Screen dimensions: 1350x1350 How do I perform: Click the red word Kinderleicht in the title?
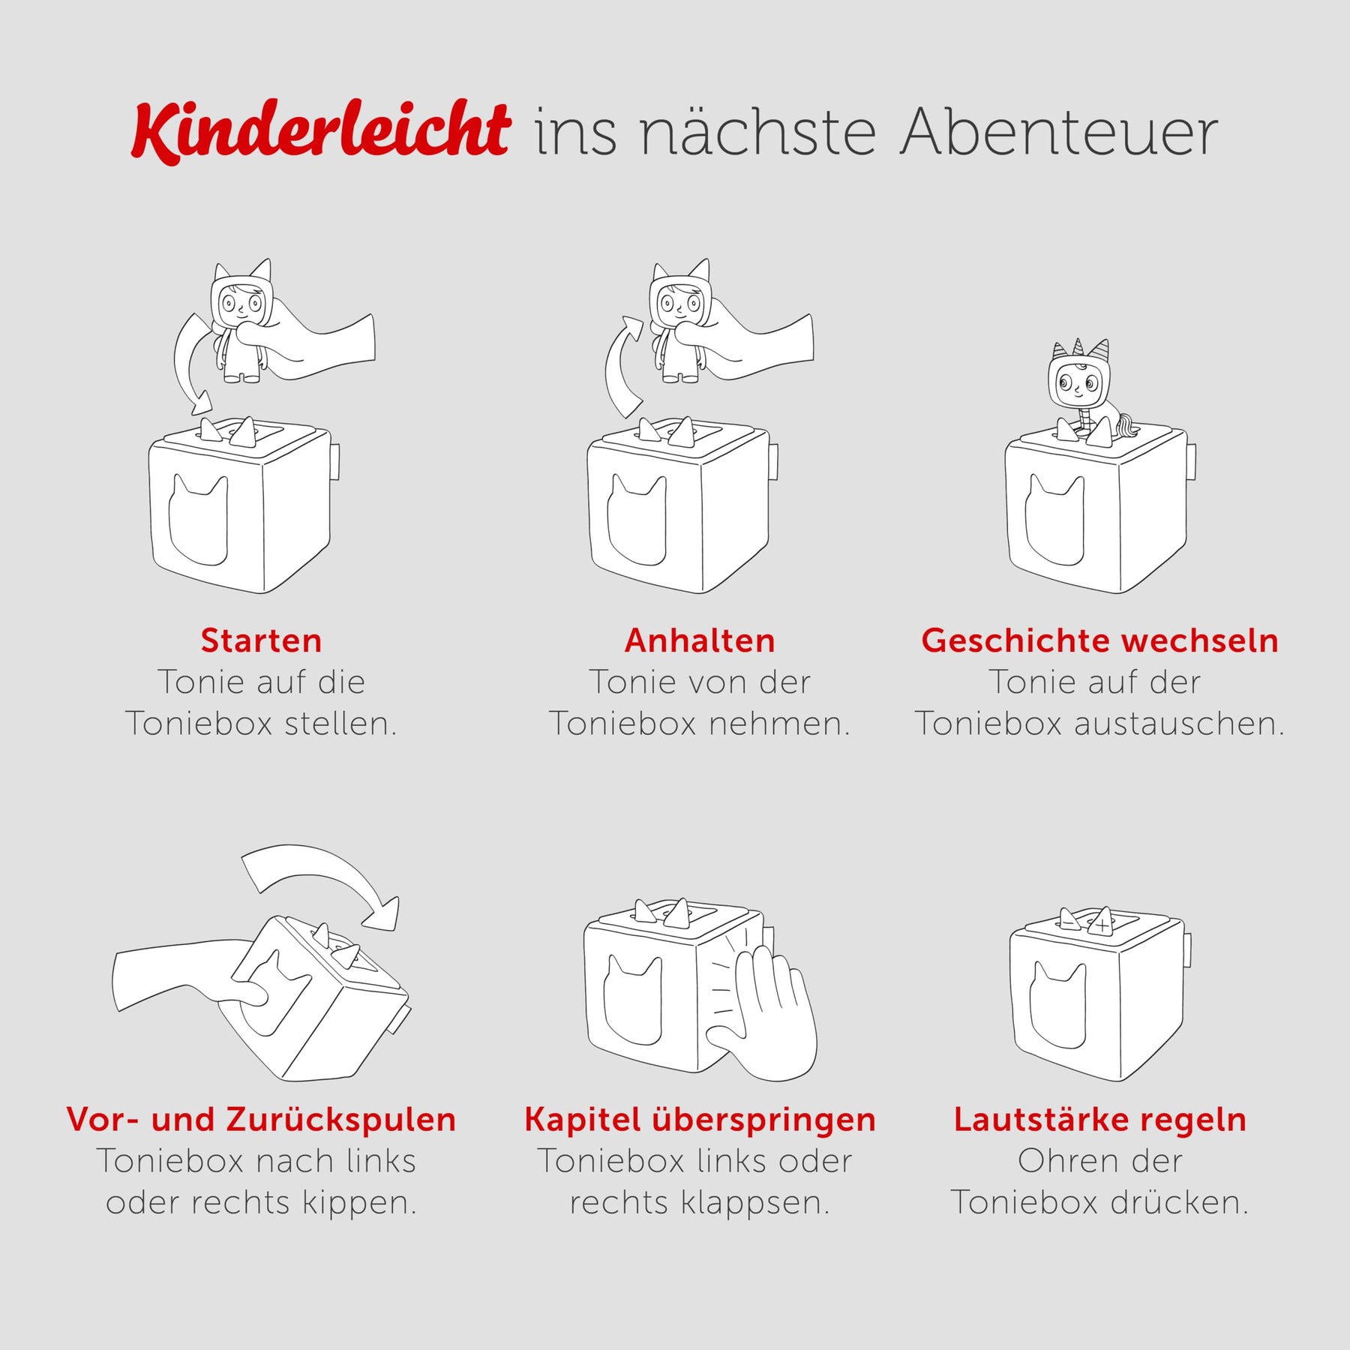[x=321, y=131]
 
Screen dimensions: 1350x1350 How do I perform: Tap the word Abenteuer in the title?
[x=1060, y=133]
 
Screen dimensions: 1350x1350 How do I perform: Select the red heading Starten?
[x=261, y=640]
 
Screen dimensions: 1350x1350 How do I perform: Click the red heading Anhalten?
[x=700, y=640]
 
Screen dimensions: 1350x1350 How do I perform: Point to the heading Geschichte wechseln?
[x=1099, y=640]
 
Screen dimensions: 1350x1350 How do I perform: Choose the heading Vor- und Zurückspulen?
[x=261, y=1120]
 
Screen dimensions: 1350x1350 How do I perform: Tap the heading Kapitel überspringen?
[x=700, y=1120]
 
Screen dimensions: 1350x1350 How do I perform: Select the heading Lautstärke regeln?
[x=1099, y=1120]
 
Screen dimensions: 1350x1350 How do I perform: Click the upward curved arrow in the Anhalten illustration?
[x=616, y=367]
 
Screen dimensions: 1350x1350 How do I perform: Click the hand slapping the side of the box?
[x=765, y=1012]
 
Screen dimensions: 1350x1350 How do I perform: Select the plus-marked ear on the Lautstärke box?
[x=1101, y=922]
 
